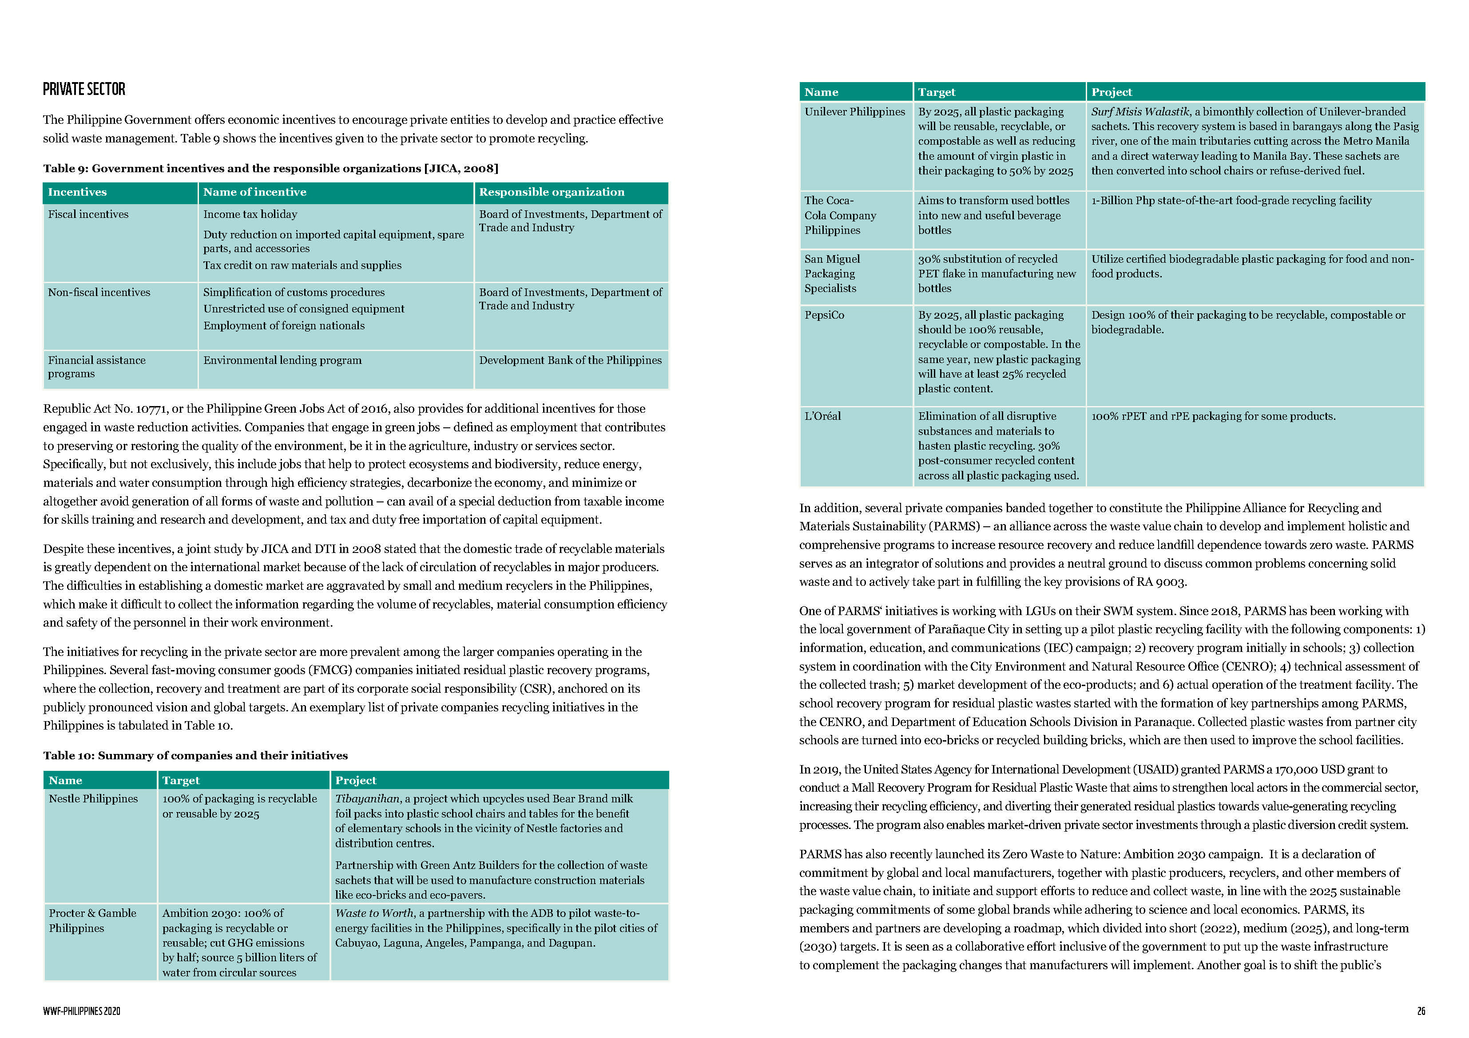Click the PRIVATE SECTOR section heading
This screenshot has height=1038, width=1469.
(84, 89)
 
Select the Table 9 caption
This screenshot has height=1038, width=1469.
(270, 168)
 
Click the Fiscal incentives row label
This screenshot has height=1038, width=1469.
(88, 214)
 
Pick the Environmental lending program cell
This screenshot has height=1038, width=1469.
(282, 360)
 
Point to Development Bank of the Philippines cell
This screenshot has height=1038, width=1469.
(570, 360)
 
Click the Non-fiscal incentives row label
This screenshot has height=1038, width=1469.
(99, 292)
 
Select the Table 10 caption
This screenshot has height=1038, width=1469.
(195, 755)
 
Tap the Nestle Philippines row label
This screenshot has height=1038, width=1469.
(93, 798)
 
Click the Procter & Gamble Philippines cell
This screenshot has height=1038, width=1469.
(93, 920)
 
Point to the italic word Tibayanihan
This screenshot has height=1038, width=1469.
(367, 798)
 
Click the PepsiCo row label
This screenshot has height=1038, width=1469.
(824, 315)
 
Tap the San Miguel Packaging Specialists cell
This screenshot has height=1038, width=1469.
(832, 273)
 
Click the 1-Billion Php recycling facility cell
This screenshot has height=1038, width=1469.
(1231, 200)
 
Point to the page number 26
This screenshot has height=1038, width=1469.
(1421, 1011)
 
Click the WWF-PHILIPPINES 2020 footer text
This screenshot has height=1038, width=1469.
(81, 1011)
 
